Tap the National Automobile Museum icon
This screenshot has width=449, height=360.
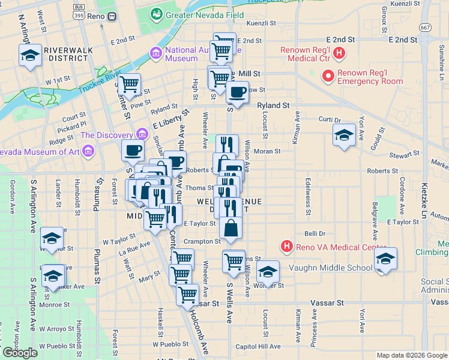pyautogui.click(x=156, y=54)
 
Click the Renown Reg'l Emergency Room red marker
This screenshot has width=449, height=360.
pyautogui.click(x=328, y=76)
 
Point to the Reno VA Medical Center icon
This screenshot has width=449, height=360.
pyautogui.click(x=287, y=247)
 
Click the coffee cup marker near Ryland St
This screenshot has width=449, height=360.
pyautogui.click(x=238, y=92)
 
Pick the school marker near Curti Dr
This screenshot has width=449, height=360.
pyautogui.click(x=344, y=135)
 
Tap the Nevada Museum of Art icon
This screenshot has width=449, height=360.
pyautogui.click(x=88, y=150)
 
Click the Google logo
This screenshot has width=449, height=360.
pyautogui.click(x=20, y=353)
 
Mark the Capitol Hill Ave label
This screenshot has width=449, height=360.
pyautogui.click(x=258, y=346)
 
